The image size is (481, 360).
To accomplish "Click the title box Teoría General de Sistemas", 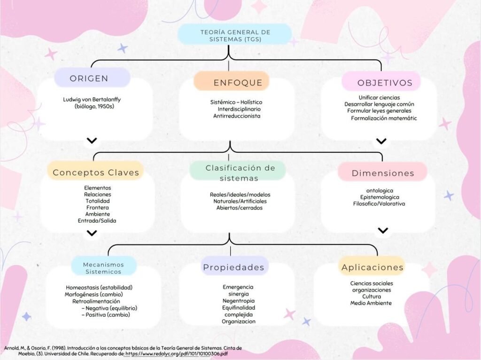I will tap(235, 35).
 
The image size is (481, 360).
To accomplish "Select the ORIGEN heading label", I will tap(89, 78).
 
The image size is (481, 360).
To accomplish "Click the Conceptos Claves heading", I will tap(96, 172).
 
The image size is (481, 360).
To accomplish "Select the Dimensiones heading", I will tap(383, 173).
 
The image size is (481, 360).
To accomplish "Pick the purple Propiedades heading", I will tap(233, 267).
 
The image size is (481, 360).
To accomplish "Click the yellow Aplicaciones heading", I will tap(372, 267).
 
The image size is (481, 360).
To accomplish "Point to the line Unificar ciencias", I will tap(379, 97).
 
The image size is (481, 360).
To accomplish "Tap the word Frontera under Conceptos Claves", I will tap(98, 207).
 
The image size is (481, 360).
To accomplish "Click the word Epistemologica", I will tap(379, 197).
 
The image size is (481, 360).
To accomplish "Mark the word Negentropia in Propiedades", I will tap(238, 300).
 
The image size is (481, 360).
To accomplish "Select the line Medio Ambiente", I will tap(371, 303).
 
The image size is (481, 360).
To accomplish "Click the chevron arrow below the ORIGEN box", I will tap(92, 141).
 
